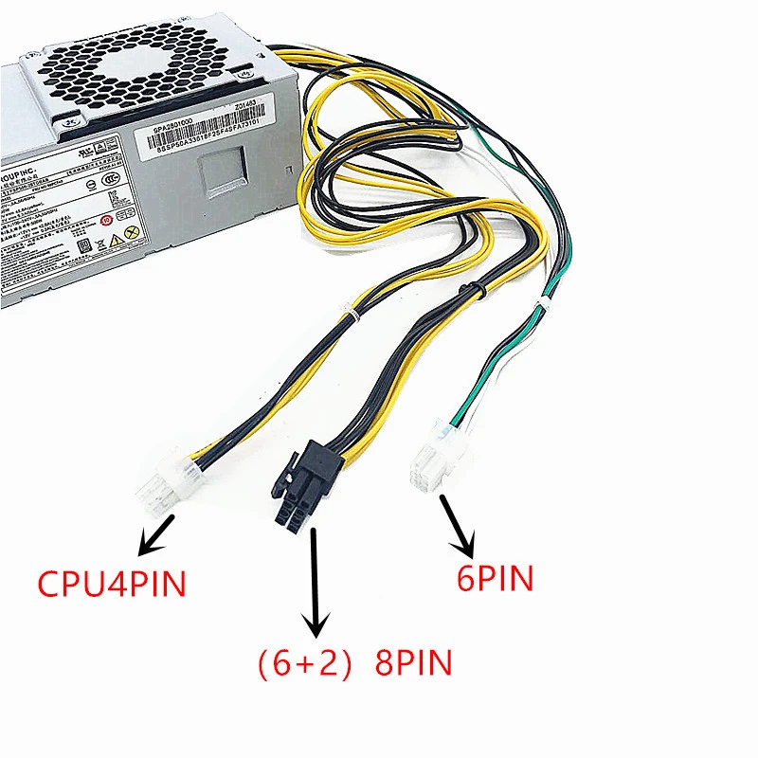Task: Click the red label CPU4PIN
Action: tap(111, 581)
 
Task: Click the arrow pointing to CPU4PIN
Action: tap(156, 534)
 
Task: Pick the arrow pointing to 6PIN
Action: tap(460, 526)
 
